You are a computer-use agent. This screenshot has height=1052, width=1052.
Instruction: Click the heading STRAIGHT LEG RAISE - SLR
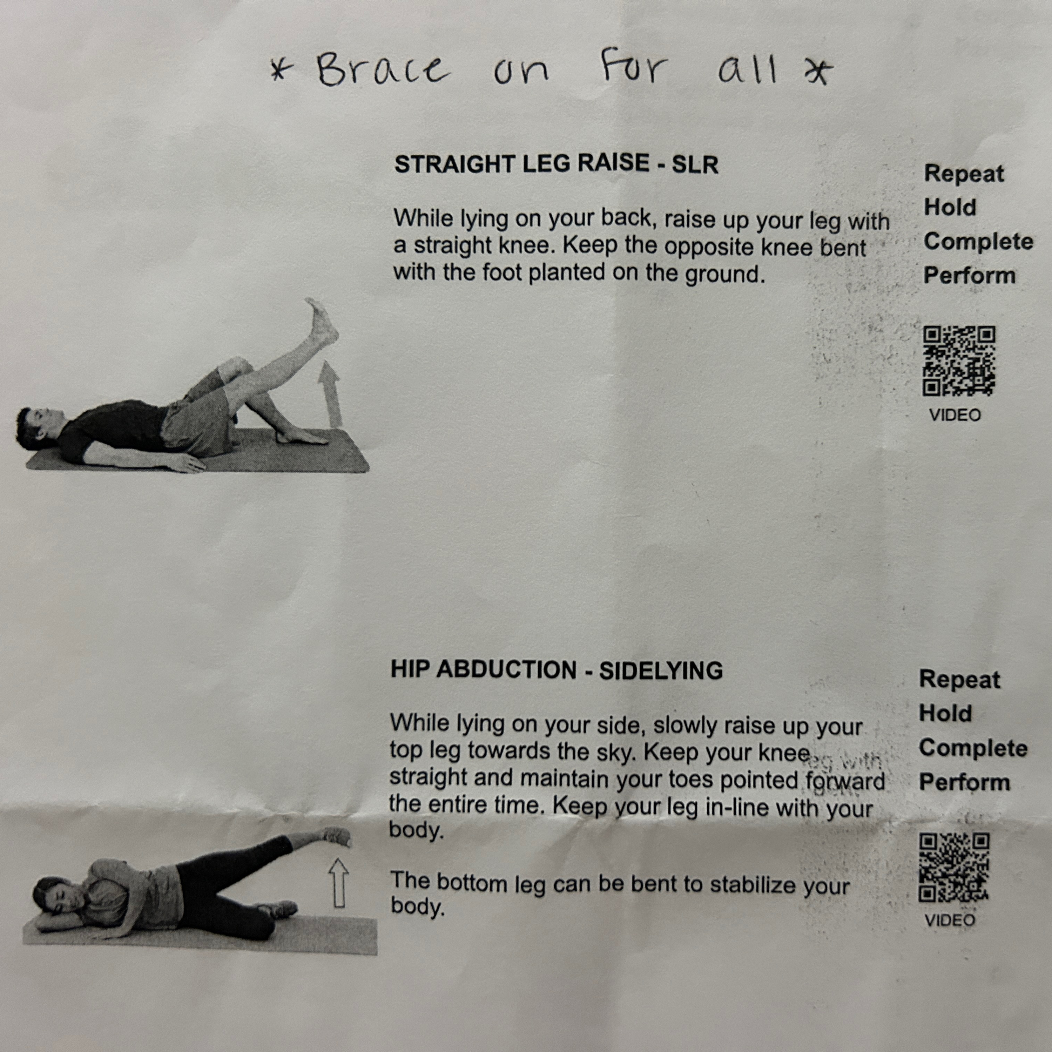coord(556,164)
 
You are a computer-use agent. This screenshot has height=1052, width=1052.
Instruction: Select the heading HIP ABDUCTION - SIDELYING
coord(557,670)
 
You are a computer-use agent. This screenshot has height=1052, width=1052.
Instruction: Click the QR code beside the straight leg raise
coord(959,360)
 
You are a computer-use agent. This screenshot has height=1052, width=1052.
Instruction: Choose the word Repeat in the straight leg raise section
coord(964,174)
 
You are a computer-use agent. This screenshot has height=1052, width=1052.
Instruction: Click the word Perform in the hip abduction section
coord(964,782)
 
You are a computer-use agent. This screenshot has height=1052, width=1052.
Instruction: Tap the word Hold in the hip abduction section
coord(945,713)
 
